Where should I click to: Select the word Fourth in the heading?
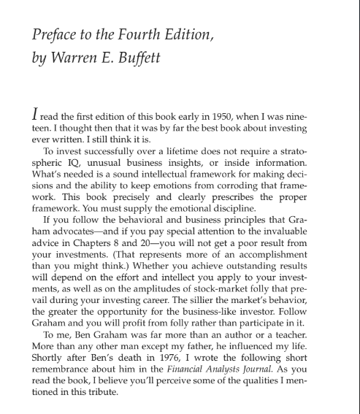tap(137, 36)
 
